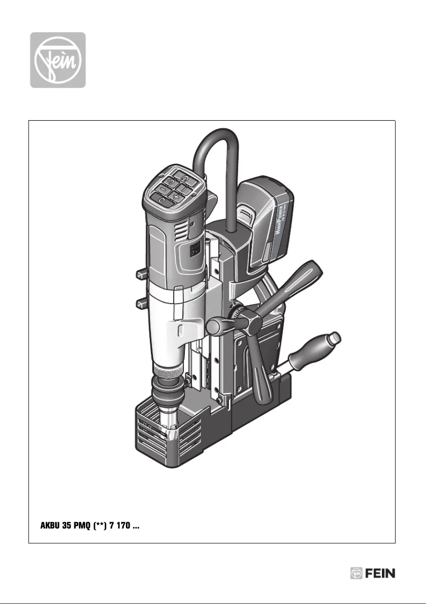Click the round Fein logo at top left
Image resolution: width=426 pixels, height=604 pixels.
pyautogui.click(x=57, y=60)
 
